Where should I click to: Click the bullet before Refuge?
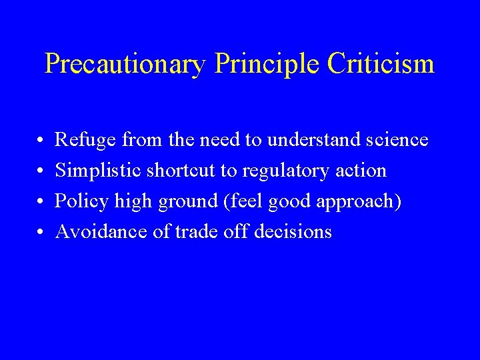click(x=41, y=140)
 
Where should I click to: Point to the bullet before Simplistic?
click(x=41, y=171)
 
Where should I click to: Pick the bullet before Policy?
click(x=41, y=201)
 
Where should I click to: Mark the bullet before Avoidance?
click(x=41, y=232)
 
